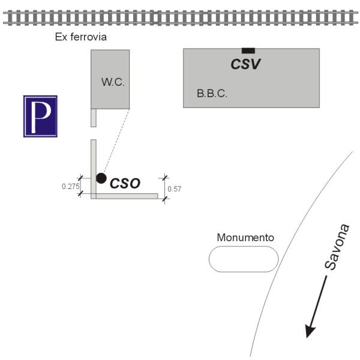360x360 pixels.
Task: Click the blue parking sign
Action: tap(40, 116)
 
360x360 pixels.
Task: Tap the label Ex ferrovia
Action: tap(81, 37)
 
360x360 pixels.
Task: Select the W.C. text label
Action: tap(113, 82)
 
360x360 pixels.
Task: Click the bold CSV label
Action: tap(247, 64)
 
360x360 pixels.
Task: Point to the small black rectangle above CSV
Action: tap(248, 50)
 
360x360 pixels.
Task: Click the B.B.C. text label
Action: tap(212, 94)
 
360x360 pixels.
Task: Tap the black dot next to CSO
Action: tap(101, 178)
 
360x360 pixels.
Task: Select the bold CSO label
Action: tap(125, 184)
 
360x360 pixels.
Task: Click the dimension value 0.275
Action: tap(71, 187)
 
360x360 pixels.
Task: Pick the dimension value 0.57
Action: tap(175, 189)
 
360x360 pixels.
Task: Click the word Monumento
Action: tap(245, 238)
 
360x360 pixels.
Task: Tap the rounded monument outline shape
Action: tap(244, 259)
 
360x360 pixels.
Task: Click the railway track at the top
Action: tap(180, 17)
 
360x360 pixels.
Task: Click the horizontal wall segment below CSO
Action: tap(126, 196)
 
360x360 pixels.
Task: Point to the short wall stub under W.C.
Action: tap(93, 118)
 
